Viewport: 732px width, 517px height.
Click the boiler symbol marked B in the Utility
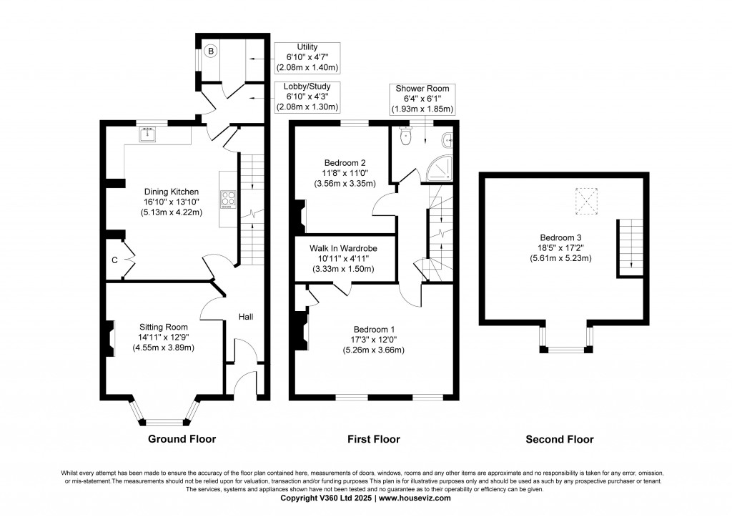[211, 51]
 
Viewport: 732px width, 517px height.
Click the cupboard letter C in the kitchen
[114, 260]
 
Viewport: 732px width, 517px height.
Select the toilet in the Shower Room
[406, 137]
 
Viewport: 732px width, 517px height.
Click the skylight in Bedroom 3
[587, 201]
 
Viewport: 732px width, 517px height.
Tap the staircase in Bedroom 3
[627, 247]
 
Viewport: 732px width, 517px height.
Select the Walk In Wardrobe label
[343, 248]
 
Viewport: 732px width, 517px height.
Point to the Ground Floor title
[182, 439]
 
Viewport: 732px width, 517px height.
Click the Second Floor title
[559, 440]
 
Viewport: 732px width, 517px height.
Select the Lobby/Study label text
[307, 86]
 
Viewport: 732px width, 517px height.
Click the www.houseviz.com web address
[415, 498]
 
